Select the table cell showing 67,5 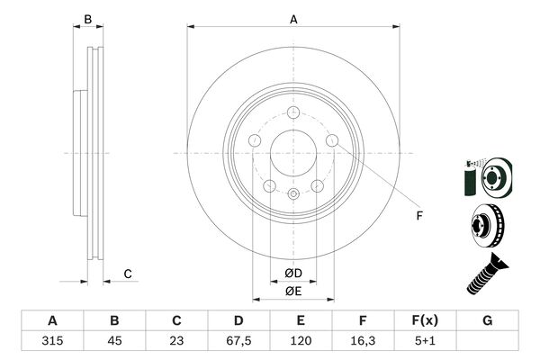click(x=238, y=342)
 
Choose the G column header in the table click(x=488, y=321)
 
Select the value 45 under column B click(x=114, y=342)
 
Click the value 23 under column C click(x=176, y=342)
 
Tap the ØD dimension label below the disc click(x=292, y=273)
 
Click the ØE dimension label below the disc click(x=292, y=291)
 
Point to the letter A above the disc click(x=292, y=19)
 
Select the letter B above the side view click(x=87, y=19)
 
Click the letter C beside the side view click(x=128, y=274)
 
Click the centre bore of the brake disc click(x=292, y=152)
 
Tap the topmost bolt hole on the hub click(x=292, y=112)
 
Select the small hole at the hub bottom click(x=292, y=193)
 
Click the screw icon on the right click(x=487, y=274)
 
